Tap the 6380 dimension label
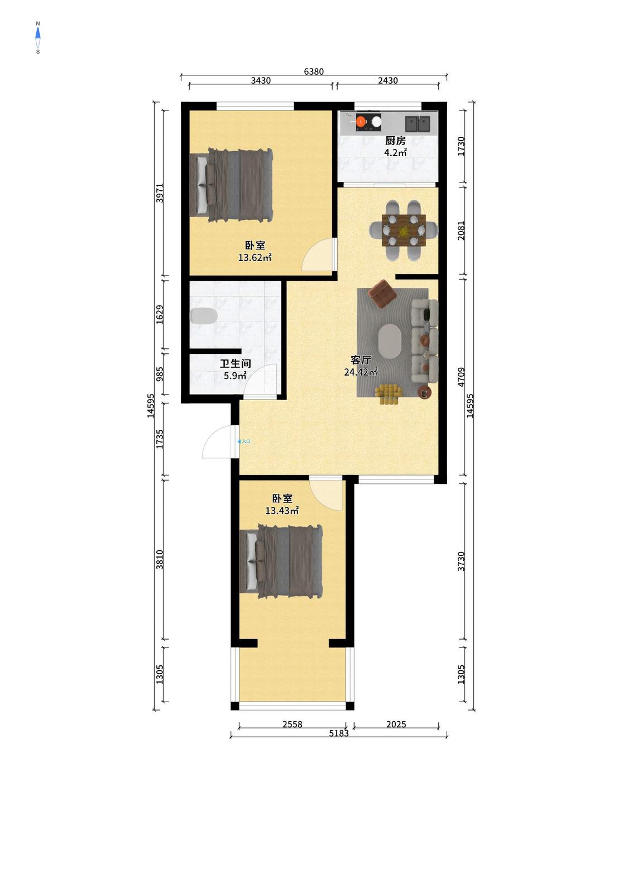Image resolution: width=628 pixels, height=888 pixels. point(314,71)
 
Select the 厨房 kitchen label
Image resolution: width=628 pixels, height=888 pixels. point(395,141)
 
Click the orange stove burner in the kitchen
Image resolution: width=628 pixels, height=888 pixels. point(361,121)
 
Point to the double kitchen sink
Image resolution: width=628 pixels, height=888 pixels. point(417,123)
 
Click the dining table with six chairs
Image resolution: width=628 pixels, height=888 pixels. point(404,231)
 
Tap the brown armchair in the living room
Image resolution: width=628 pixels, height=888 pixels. point(382,294)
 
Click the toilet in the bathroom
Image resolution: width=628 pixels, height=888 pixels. point(204,316)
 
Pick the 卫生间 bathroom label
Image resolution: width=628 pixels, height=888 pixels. point(236,363)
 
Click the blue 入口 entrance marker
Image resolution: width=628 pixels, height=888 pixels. point(244,441)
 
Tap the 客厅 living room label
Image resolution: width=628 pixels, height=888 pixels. point(361,360)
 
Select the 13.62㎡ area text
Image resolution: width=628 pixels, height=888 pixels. point(255,258)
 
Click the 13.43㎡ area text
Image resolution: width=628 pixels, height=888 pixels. point(282,511)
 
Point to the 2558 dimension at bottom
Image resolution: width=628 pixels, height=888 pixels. point(292,724)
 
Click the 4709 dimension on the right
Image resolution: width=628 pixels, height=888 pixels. point(461,377)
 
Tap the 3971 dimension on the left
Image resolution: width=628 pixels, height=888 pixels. point(160,193)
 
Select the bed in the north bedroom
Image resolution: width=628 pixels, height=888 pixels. point(232,185)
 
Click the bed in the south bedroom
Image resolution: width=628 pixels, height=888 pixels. point(281,561)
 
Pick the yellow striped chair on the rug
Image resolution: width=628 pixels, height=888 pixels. point(389,394)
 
